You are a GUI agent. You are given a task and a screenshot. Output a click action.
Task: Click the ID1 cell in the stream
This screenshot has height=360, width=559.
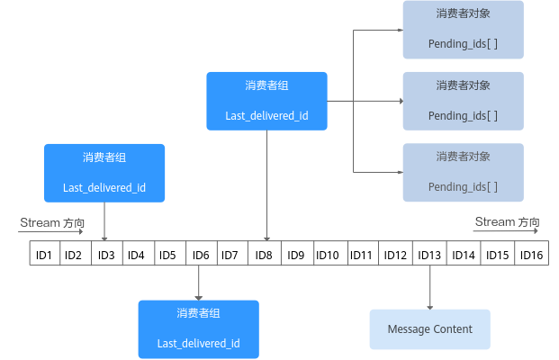(43, 256)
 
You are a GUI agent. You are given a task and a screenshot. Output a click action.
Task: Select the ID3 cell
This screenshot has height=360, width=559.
(106, 256)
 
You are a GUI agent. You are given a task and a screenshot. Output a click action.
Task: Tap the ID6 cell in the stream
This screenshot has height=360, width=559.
(201, 256)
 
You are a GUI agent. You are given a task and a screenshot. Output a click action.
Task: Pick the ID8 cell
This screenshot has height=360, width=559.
(264, 256)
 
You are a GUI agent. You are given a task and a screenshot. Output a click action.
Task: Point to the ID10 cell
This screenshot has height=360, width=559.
(328, 256)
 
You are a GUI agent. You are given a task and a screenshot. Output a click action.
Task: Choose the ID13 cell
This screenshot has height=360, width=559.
(429, 256)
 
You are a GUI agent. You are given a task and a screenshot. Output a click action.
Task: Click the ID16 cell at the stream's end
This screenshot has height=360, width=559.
(531, 256)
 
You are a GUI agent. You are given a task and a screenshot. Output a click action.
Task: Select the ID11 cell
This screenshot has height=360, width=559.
(361, 256)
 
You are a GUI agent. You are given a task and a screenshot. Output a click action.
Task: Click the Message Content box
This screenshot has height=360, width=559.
(429, 329)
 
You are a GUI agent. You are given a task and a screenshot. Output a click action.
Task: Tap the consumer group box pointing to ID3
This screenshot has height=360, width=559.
(104, 173)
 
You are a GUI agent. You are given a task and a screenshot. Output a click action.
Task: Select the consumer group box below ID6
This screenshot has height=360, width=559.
(198, 329)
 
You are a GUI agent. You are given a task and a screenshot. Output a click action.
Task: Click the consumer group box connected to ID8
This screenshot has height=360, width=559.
(266, 101)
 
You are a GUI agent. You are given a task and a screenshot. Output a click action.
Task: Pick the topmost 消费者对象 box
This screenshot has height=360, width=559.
(463, 29)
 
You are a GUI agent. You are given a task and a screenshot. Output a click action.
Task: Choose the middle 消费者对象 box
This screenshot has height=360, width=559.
(463, 100)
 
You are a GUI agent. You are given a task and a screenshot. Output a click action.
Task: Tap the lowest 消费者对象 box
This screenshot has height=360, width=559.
(463, 172)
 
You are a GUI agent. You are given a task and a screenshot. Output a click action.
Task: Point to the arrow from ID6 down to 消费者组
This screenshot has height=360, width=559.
(198, 283)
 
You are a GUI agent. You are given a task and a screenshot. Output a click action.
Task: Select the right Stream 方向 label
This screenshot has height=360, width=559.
(507, 221)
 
